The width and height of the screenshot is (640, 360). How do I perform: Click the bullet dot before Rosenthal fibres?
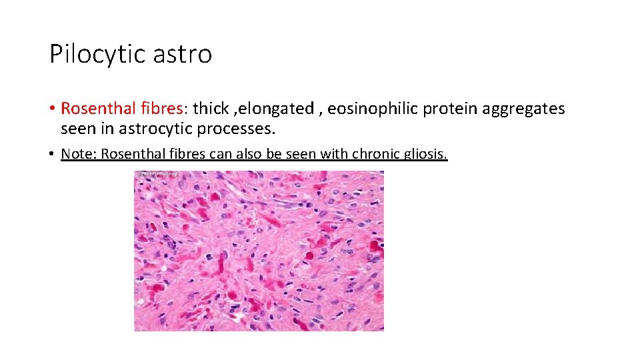pos(52,109)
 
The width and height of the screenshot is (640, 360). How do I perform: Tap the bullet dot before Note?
pos(52,155)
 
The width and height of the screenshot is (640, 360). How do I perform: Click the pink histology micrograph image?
pos(259,253)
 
